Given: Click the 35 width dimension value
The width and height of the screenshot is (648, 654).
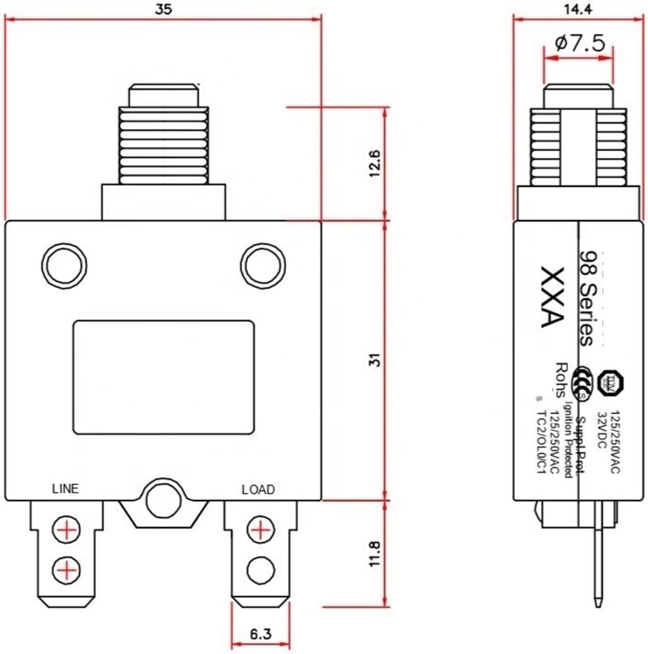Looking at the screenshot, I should tap(163, 10).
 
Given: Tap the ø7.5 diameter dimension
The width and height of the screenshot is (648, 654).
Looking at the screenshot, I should tap(580, 43).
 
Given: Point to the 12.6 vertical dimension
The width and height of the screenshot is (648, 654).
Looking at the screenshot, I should tap(375, 163).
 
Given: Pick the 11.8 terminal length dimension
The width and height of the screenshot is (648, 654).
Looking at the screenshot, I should tap(375, 553).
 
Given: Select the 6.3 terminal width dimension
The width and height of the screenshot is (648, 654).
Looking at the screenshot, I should tap(261, 633).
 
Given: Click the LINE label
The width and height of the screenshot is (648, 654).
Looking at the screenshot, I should tap(65, 489).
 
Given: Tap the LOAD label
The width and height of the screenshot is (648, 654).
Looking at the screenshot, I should tap(258, 489).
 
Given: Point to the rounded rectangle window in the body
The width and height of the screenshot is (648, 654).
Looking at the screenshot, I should tap(163, 378).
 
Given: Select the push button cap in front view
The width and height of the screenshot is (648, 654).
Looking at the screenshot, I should tap(163, 95).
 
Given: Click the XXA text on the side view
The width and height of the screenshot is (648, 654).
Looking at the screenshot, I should tap(552, 297).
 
